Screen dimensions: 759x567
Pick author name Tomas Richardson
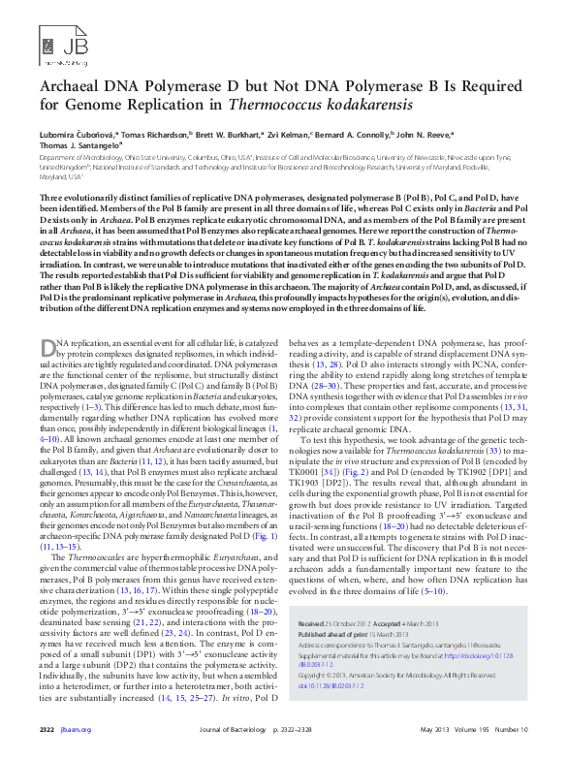pos(153,134)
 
